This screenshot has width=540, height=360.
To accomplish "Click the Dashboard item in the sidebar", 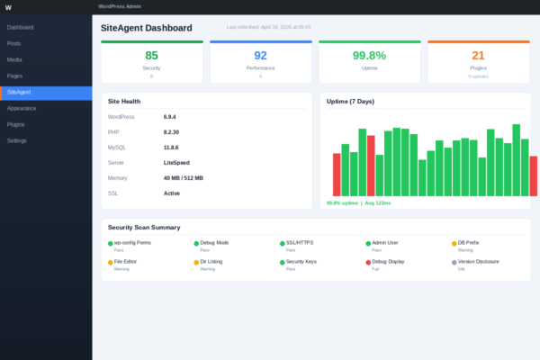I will click(20, 27).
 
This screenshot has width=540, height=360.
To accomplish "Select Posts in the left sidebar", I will click(13, 43).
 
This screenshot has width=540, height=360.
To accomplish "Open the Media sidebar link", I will click(14, 59).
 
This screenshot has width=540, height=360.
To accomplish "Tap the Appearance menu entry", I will click(22, 108).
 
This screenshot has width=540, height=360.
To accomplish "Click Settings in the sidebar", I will click(16, 140).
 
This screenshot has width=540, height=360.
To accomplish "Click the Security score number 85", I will click(151, 56).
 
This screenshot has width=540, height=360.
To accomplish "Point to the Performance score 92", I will click(260, 56).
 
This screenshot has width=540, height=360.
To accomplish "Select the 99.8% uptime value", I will click(369, 56).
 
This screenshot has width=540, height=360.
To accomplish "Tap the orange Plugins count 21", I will click(478, 56).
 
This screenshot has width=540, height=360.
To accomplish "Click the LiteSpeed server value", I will click(176, 163).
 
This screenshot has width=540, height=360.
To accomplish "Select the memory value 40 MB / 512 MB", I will click(183, 178).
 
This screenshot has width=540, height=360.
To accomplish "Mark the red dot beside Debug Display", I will click(368, 262).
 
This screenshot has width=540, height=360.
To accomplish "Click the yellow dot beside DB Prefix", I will click(454, 243).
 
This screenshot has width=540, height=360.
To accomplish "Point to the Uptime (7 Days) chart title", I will click(350, 101).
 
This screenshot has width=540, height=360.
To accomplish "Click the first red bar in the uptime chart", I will click(337, 175).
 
